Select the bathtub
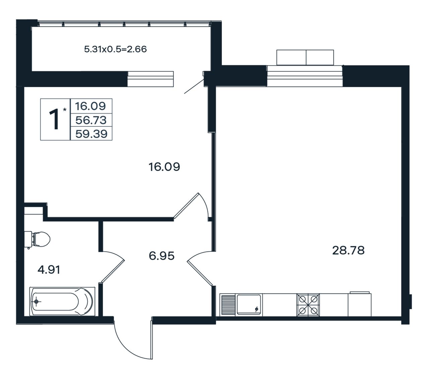pyautogui.click(x=62, y=302)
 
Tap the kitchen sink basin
pyautogui.click(x=249, y=304)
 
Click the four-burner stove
pyautogui.click(x=308, y=305)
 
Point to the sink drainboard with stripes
pyautogui.click(x=225, y=305)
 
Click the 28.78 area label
pyautogui.click(x=348, y=250)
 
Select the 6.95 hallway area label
pyautogui.click(x=162, y=256)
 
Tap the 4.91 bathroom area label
pyautogui.click(x=49, y=270)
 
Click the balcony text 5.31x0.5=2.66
pyautogui.click(x=115, y=49)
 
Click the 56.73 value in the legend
pyautogui.click(x=91, y=120)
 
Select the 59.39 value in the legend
pyautogui.click(x=91, y=134)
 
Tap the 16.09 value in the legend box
pyautogui.click(x=90, y=106)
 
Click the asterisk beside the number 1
pyautogui.click(x=65, y=110)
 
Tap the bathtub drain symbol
pyautogui.click(x=37, y=302)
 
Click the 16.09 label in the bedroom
pyautogui.click(x=164, y=167)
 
